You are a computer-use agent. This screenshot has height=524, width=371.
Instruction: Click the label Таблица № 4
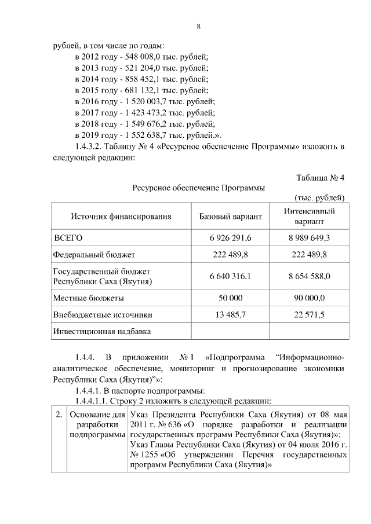321,177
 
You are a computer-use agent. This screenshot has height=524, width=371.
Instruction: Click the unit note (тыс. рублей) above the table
320,198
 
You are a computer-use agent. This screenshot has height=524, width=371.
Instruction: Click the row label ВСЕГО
68,238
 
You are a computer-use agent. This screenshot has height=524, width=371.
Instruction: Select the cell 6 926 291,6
230,238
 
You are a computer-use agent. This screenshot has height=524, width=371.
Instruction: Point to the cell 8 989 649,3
310,238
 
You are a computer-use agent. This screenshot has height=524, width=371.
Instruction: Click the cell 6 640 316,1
230,276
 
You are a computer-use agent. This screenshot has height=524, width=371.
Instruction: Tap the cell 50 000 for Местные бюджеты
230,298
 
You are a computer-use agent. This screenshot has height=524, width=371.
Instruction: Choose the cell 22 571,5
310,315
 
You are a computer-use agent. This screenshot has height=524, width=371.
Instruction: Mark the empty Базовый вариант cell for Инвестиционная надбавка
230,332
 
